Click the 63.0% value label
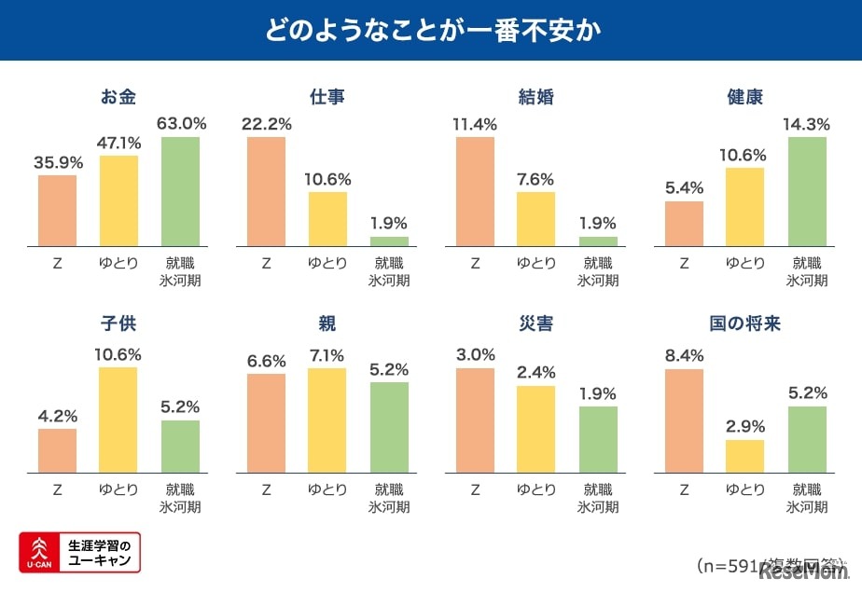point(181,124)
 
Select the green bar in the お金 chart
point(181,191)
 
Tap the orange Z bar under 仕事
point(267,191)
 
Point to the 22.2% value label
point(267,124)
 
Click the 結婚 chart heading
point(535,97)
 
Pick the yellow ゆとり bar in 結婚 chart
point(535,218)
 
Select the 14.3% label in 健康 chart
point(808,124)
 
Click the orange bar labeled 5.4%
point(685,223)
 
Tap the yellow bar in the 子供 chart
point(118,420)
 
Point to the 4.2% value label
point(58,416)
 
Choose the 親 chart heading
point(327,324)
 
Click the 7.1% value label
point(327,355)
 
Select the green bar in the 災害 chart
point(598,439)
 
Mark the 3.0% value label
point(476,355)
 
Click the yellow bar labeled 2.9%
point(745,456)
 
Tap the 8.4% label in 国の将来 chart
point(685,355)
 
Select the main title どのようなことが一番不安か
point(431,29)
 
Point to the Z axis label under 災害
point(476,489)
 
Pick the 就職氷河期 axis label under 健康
point(808,271)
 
